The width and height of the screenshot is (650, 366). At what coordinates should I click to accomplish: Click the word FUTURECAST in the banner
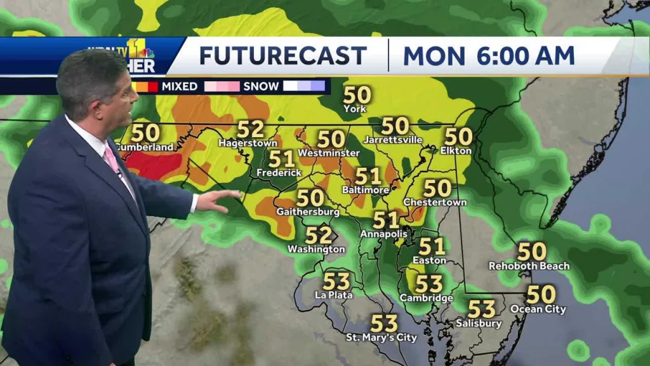coord(282,55)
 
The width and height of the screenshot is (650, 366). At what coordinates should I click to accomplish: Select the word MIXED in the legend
coord(180,86)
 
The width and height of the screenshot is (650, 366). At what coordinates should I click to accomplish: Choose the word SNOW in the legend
coord(261,86)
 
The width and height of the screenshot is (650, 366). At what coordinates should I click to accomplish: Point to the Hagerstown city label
coord(248,143)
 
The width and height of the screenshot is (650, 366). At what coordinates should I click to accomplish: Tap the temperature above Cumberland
coord(145,133)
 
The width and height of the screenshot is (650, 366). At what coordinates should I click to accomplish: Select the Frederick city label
coord(279,173)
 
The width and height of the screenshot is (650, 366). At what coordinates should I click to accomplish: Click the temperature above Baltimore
coord(368,176)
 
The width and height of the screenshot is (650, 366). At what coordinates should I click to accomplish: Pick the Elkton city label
coord(456,151)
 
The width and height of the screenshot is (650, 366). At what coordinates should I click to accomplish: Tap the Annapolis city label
coord(383,234)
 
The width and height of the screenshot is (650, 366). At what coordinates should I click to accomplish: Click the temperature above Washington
coord(318,235)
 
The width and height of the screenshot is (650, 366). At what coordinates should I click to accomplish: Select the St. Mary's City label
coord(381,337)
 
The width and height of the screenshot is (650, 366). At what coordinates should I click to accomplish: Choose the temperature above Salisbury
coord(481,309)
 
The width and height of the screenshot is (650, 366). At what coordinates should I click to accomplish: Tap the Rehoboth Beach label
coord(529,266)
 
